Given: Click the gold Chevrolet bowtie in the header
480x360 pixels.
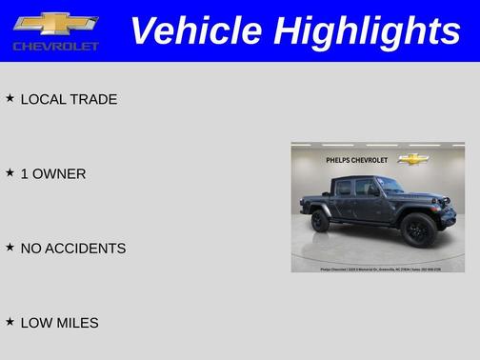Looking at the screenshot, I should pos(55,23).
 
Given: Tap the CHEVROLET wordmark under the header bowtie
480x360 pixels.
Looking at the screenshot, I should pos(55,46).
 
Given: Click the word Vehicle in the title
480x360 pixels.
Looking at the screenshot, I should pos(195,30).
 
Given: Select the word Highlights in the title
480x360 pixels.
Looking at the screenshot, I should pos(367,30).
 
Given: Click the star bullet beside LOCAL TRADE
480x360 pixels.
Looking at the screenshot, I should pos(10,98).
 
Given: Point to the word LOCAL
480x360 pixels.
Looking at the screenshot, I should pos(43,99).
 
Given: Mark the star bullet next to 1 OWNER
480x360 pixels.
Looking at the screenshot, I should pos(10,172).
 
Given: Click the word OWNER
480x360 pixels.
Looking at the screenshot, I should pos(60,173).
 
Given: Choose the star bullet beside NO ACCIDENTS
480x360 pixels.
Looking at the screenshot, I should pos(10,247).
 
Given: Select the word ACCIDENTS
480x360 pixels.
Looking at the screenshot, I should pos(86,248).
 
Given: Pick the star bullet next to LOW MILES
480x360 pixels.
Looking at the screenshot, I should pos(10,322).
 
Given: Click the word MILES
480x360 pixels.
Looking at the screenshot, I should pos(77,323).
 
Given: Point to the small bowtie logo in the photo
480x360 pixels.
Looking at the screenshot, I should pos(412,159).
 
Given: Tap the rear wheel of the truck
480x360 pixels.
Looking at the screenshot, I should pos(321,220).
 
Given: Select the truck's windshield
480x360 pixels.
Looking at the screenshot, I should pos(390,185).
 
